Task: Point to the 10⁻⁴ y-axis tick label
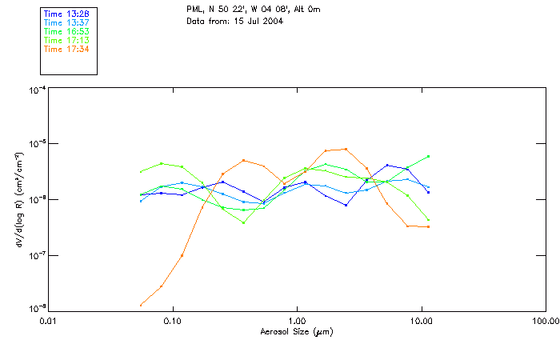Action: click(35, 90)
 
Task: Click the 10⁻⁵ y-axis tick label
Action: click(35, 145)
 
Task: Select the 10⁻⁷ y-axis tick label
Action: click(35, 255)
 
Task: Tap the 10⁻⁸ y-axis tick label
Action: click(35, 309)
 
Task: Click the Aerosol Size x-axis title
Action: click(296, 331)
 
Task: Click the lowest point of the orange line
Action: click(141, 305)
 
